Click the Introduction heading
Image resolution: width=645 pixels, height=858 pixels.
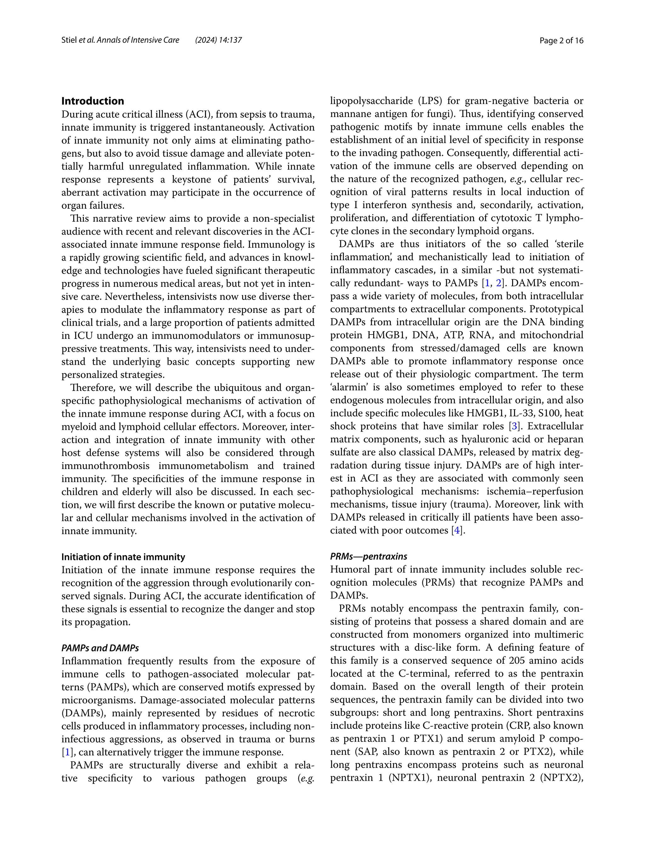coord(93,101)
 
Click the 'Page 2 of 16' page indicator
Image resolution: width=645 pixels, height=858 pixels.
coord(561,40)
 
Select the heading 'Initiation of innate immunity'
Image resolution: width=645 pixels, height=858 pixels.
coord(123,557)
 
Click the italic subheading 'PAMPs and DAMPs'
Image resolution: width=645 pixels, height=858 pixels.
coord(100,648)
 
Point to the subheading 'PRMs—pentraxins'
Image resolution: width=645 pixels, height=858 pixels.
coord(368,557)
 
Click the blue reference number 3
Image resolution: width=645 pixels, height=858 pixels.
coord(514,426)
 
